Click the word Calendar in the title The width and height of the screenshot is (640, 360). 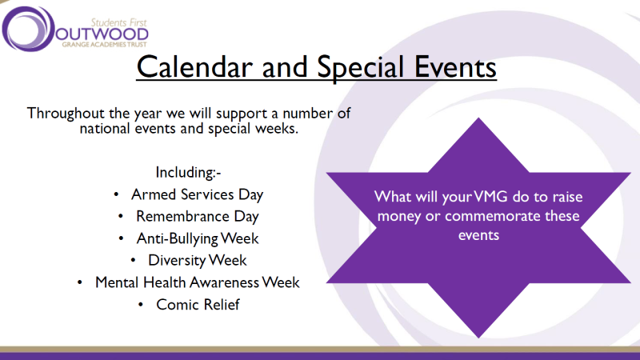[194, 67]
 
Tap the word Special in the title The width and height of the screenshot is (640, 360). [361, 67]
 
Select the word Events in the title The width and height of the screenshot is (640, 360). [455, 67]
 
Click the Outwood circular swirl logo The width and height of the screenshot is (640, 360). [28, 29]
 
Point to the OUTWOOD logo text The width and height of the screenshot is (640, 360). [102, 34]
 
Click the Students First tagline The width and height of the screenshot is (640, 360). [118, 22]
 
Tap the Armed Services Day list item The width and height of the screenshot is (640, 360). [197, 194]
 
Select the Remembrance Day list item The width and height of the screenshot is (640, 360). [197, 216]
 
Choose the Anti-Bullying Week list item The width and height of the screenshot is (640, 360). [198, 238]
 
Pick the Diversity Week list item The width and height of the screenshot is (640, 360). [197, 261]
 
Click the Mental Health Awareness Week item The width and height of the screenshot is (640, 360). [197, 282]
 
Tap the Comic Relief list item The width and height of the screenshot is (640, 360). [198, 305]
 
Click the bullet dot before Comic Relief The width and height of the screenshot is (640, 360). [141, 305]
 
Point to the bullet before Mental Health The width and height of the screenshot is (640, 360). [79, 282]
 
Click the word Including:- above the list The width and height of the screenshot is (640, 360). [188, 173]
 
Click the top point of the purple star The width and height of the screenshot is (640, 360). [478, 118]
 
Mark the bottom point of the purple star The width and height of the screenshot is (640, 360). [478, 337]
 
